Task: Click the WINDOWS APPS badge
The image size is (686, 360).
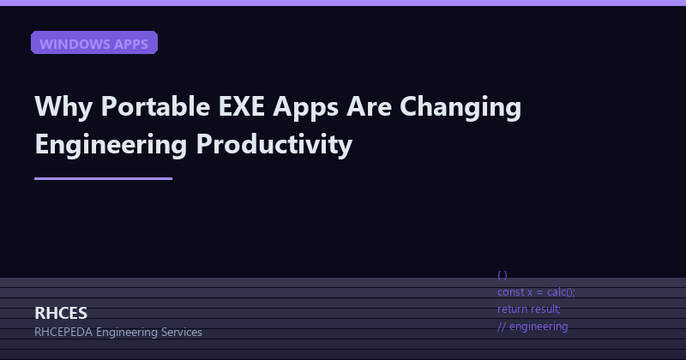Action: pyautogui.click(x=94, y=43)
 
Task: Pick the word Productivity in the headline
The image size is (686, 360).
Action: pyautogui.click(x=274, y=145)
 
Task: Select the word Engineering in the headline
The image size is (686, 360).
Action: pyautogui.click(x=111, y=145)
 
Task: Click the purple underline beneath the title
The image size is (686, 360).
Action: pyautogui.click(x=103, y=178)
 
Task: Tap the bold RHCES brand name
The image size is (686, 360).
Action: pyautogui.click(x=61, y=313)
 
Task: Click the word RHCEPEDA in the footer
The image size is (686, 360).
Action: pyautogui.click(x=64, y=333)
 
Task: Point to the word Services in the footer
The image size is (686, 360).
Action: pyautogui.click(x=179, y=333)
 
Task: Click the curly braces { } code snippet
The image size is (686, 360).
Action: pyautogui.click(x=502, y=275)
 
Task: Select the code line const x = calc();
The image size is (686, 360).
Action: pyautogui.click(x=536, y=292)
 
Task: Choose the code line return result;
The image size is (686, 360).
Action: pyautogui.click(x=529, y=309)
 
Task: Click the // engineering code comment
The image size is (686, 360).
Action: pyautogui.click(x=533, y=326)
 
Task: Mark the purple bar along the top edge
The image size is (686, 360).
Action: pyautogui.click(x=343, y=3)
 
